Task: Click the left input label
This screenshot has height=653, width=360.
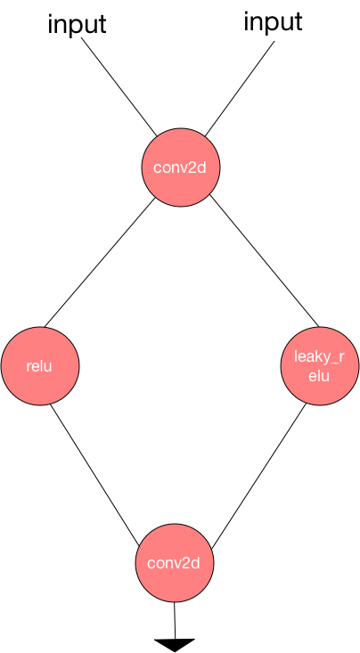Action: coord(78,25)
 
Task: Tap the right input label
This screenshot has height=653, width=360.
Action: coord(273,22)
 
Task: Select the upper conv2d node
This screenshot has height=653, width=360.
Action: coord(180,167)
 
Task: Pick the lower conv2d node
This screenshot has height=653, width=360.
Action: coord(174,563)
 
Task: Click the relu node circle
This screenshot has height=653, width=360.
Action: coord(40,365)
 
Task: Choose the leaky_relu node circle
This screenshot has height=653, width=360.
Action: coord(320,365)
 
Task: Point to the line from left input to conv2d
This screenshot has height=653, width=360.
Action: coord(119,86)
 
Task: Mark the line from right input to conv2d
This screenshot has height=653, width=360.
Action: coord(240,88)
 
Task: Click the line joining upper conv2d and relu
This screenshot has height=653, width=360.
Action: coord(100,262)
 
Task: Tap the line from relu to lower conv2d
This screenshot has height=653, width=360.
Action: coord(94,474)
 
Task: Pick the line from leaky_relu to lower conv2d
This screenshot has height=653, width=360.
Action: coord(258,476)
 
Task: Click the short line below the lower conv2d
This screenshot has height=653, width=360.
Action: coord(175,621)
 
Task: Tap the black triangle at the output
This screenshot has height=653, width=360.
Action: coord(175,645)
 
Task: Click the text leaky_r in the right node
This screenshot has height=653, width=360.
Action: coord(320,357)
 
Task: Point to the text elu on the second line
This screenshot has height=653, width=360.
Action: coord(319,376)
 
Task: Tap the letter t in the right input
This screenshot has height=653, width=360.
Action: coord(298,21)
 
